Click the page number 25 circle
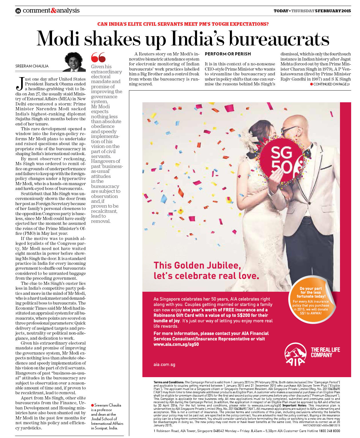point(18,11)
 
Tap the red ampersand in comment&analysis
point(53,11)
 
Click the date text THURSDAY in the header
point(303,11)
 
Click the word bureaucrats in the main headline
point(279,39)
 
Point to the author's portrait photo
point(74,62)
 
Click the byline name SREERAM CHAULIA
point(32,66)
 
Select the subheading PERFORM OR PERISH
point(228,54)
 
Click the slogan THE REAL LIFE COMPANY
point(325,352)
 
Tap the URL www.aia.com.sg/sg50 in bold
point(176,344)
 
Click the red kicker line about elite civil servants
point(183,24)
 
